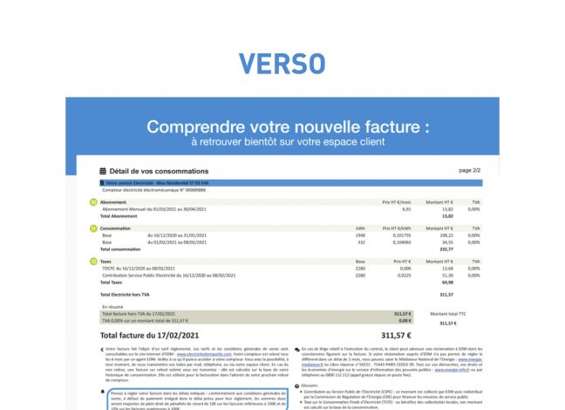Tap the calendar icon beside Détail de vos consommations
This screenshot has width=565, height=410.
tap(104, 172)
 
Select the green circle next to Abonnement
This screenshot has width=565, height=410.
tap(93, 202)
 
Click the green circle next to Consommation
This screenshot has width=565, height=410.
tap(93, 228)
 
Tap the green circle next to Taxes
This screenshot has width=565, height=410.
tap(93, 261)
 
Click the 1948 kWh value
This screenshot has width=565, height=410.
tap(359, 236)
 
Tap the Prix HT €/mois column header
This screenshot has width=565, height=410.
tap(396, 202)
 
